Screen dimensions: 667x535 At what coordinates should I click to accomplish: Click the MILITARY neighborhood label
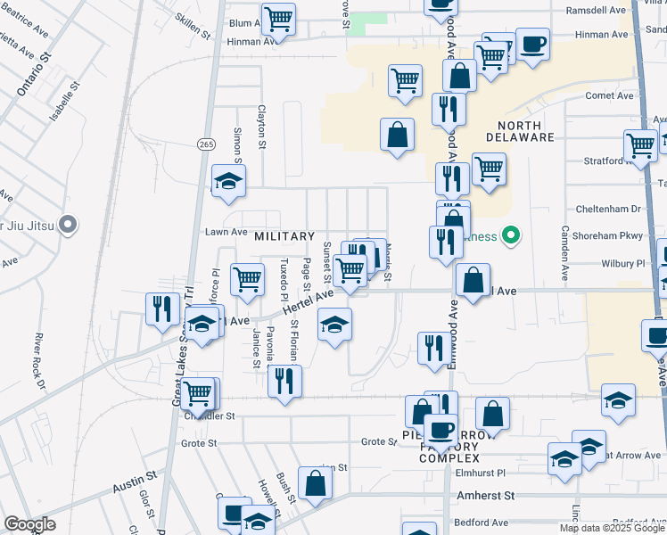click(x=284, y=236)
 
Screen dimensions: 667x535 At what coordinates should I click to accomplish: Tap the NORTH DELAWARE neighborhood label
click(x=520, y=131)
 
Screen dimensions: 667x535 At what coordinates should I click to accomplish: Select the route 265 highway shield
click(x=207, y=144)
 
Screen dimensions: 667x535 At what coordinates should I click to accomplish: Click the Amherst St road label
click(x=486, y=495)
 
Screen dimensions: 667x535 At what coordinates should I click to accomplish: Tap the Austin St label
click(x=135, y=487)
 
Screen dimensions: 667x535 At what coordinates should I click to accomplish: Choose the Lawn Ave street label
click(x=226, y=232)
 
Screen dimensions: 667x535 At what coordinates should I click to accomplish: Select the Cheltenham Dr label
click(x=611, y=209)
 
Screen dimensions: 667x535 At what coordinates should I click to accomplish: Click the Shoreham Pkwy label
click(x=607, y=236)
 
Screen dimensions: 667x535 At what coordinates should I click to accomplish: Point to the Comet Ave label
click(x=609, y=95)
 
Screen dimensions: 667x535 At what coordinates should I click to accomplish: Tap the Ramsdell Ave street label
click(x=596, y=10)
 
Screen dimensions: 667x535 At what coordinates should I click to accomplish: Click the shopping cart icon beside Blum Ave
click(x=279, y=19)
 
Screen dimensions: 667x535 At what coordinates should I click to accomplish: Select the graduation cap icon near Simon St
click(x=228, y=182)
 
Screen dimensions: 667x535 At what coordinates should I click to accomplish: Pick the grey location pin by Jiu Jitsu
click(x=67, y=223)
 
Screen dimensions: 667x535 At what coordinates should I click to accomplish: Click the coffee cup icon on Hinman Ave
click(x=533, y=45)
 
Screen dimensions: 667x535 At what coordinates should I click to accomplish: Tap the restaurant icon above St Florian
click(x=285, y=382)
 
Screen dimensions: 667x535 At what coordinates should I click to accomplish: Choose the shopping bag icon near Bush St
click(x=315, y=483)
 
